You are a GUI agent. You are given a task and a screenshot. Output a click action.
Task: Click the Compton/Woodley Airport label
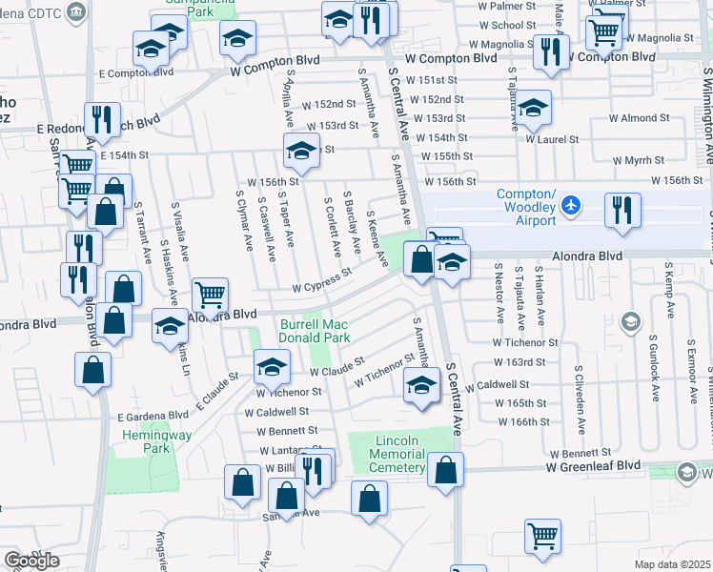526,213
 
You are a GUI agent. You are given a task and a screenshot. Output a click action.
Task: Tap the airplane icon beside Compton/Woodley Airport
570,205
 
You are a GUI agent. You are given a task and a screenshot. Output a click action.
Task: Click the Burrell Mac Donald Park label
315,331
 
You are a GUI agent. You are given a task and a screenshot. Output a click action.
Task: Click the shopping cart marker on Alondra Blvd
210,296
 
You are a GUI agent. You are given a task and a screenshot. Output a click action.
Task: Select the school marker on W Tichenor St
272,367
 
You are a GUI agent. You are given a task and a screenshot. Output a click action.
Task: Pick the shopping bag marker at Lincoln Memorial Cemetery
445,470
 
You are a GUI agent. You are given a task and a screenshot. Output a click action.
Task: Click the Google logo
31,561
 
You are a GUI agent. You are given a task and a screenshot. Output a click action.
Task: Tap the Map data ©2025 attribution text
673,564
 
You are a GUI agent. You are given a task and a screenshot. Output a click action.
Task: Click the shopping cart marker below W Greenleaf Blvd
542,537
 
